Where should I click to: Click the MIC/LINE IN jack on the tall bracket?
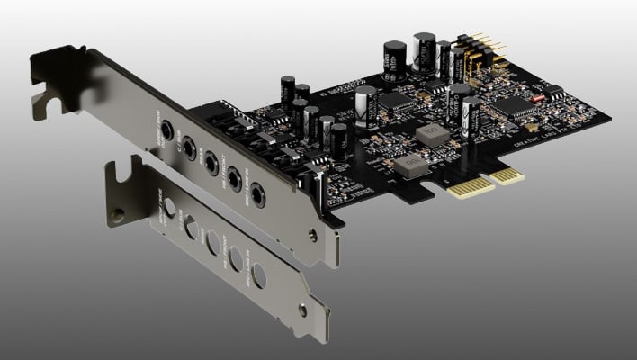[x=257, y=192]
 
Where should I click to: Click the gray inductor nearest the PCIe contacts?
[x=409, y=166]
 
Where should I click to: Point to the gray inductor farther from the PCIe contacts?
[x=434, y=136]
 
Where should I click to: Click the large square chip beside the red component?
[x=516, y=105]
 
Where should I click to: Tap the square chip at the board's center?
[x=395, y=101]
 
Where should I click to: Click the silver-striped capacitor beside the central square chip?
[x=366, y=106]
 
